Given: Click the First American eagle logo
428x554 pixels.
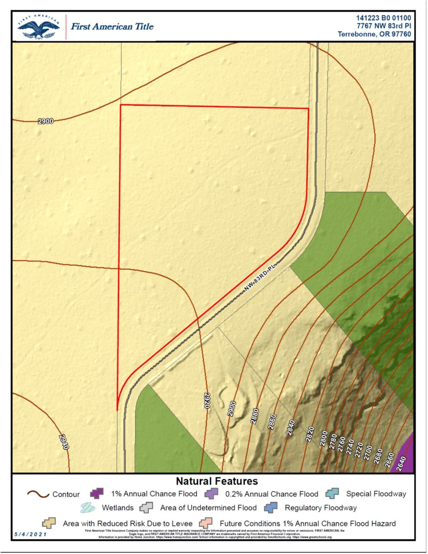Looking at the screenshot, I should [x=39, y=27].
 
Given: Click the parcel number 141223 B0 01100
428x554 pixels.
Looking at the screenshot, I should [x=383, y=18].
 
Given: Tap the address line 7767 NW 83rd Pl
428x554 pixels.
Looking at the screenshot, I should [x=384, y=26].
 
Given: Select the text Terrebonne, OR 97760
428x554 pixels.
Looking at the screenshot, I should [x=374, y=34].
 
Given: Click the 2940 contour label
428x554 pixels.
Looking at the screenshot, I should [x=64, y=442].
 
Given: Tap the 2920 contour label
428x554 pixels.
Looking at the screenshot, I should [x=207, y=400].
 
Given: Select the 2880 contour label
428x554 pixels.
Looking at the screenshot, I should [x=254, y=416].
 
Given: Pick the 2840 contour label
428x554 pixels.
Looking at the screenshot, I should [x=290, y=428].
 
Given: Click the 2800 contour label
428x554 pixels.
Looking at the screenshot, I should [x=324, y=438].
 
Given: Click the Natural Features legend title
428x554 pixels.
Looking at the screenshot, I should [x=217, y=481].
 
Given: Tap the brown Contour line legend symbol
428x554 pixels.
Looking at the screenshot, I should [x=38, y=494].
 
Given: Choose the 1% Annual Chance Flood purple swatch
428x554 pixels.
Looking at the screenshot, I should [x=97, y=494].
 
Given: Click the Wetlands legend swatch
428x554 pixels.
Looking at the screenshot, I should [x=88, y=508].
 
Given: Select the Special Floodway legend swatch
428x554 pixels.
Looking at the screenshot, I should [x=332, y=494].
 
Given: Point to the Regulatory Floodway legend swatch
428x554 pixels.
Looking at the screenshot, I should [x=271, y=508].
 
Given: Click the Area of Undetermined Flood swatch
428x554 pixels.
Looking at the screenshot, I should [x=146, y=508].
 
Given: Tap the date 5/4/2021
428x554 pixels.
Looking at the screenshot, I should [x=31, y=535].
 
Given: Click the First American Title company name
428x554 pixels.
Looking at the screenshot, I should [x=112, y=27].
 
